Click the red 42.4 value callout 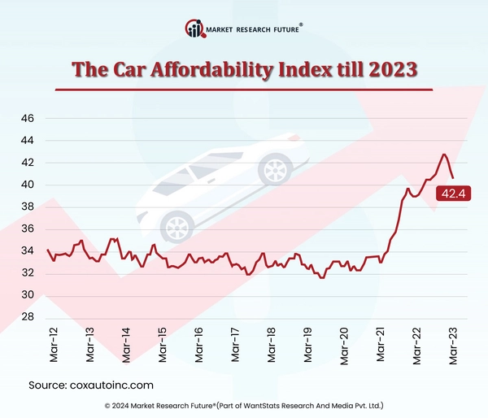[451, 193]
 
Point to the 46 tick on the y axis [27, 119]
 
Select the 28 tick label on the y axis [27, 317]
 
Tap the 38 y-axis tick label [27, 207]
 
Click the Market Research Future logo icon [194, 28]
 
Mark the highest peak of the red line [444, 154]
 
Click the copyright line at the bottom [244, 405]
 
